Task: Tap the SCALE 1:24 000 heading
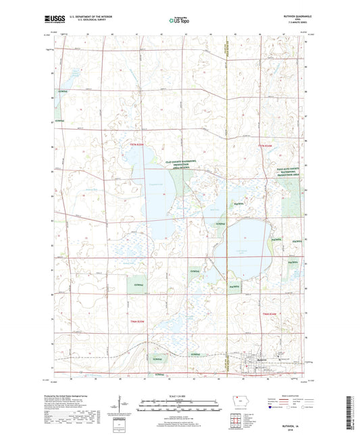(x=180, y=394)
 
